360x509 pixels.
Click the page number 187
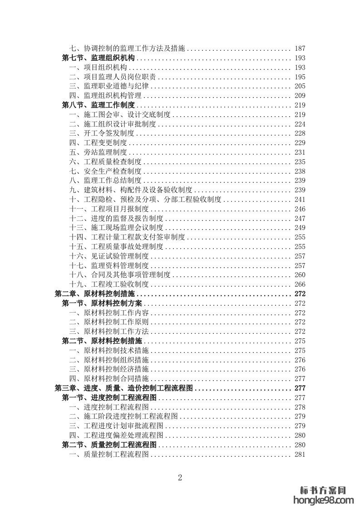click(300, 49)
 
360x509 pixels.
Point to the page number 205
click(300, 86)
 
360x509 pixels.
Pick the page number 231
click(300, 152)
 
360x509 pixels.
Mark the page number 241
click(300, 200)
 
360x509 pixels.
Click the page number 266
click(300, 284)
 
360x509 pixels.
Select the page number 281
click(300, 455)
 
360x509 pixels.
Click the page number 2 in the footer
click(180, 477)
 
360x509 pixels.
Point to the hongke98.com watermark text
click(324, 500)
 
